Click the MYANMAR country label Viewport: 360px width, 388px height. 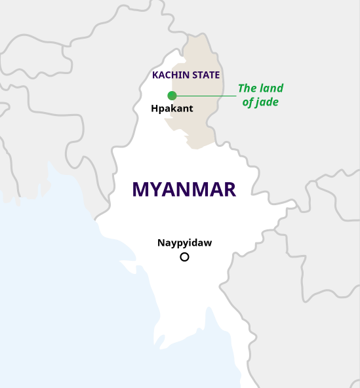[x=184, y=189]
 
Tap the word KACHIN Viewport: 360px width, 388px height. [x=168, y=75]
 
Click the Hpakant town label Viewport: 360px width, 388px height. [x=172, y=109]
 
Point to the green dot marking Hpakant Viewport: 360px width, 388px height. [x=172, y=96]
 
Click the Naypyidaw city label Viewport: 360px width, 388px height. [x=184, y=243]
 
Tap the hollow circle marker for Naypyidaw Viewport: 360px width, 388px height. [x=184, y=257]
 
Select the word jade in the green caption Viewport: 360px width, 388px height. [x=267, y=102]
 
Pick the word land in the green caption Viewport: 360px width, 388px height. [x=271, y=88]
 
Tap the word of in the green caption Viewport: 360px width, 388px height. [x=248, y=102]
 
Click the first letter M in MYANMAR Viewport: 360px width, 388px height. [x=140, y=189]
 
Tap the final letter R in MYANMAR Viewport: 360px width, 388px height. [x=229, y=189]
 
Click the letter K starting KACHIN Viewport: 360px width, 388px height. [x=155, y=75]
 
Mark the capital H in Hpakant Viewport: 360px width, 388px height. [x=154, y=109]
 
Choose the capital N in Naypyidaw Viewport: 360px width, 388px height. [x=161, y=243]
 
